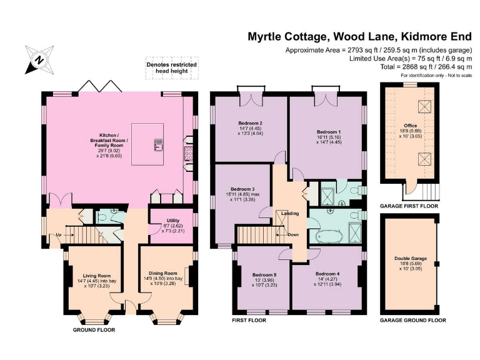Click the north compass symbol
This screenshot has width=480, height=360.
[39, 60]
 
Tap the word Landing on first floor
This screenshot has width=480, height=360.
[289, 214]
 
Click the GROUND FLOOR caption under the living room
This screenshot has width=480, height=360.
[94, 329]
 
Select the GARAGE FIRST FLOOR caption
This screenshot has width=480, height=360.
[409, 206]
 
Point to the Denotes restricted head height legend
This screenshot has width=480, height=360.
[171, 68]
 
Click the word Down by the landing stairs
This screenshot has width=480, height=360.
[293, 235]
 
